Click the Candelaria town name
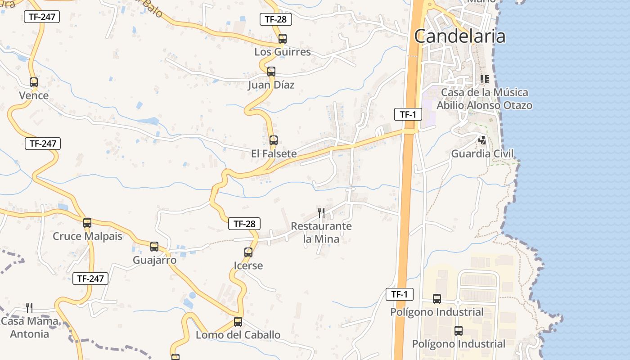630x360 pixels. coord(459,36)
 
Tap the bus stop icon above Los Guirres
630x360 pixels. coord(282,39)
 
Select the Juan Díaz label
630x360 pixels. coord(271,85)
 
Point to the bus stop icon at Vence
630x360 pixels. coord(34,82)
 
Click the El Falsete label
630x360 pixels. coord(274,153)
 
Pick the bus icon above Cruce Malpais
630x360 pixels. coord(87,223)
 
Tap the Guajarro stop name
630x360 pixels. coord(154,260)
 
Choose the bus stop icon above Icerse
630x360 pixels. coord(248,252)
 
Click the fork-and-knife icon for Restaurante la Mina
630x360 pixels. coord(321,212)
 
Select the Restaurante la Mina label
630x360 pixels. coord(321,232)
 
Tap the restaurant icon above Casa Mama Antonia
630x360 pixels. coord(29,308)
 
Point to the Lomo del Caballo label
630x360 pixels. coord(238,335)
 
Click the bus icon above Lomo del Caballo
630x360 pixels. coord(238,322)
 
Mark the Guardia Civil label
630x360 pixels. coord(482,153)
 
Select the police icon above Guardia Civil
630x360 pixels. coord(482,140)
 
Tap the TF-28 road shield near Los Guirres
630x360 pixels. coord(276,19)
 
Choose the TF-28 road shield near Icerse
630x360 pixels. coord(244,224)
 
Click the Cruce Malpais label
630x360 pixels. coord(87,236)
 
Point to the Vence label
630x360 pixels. coord(34,95)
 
